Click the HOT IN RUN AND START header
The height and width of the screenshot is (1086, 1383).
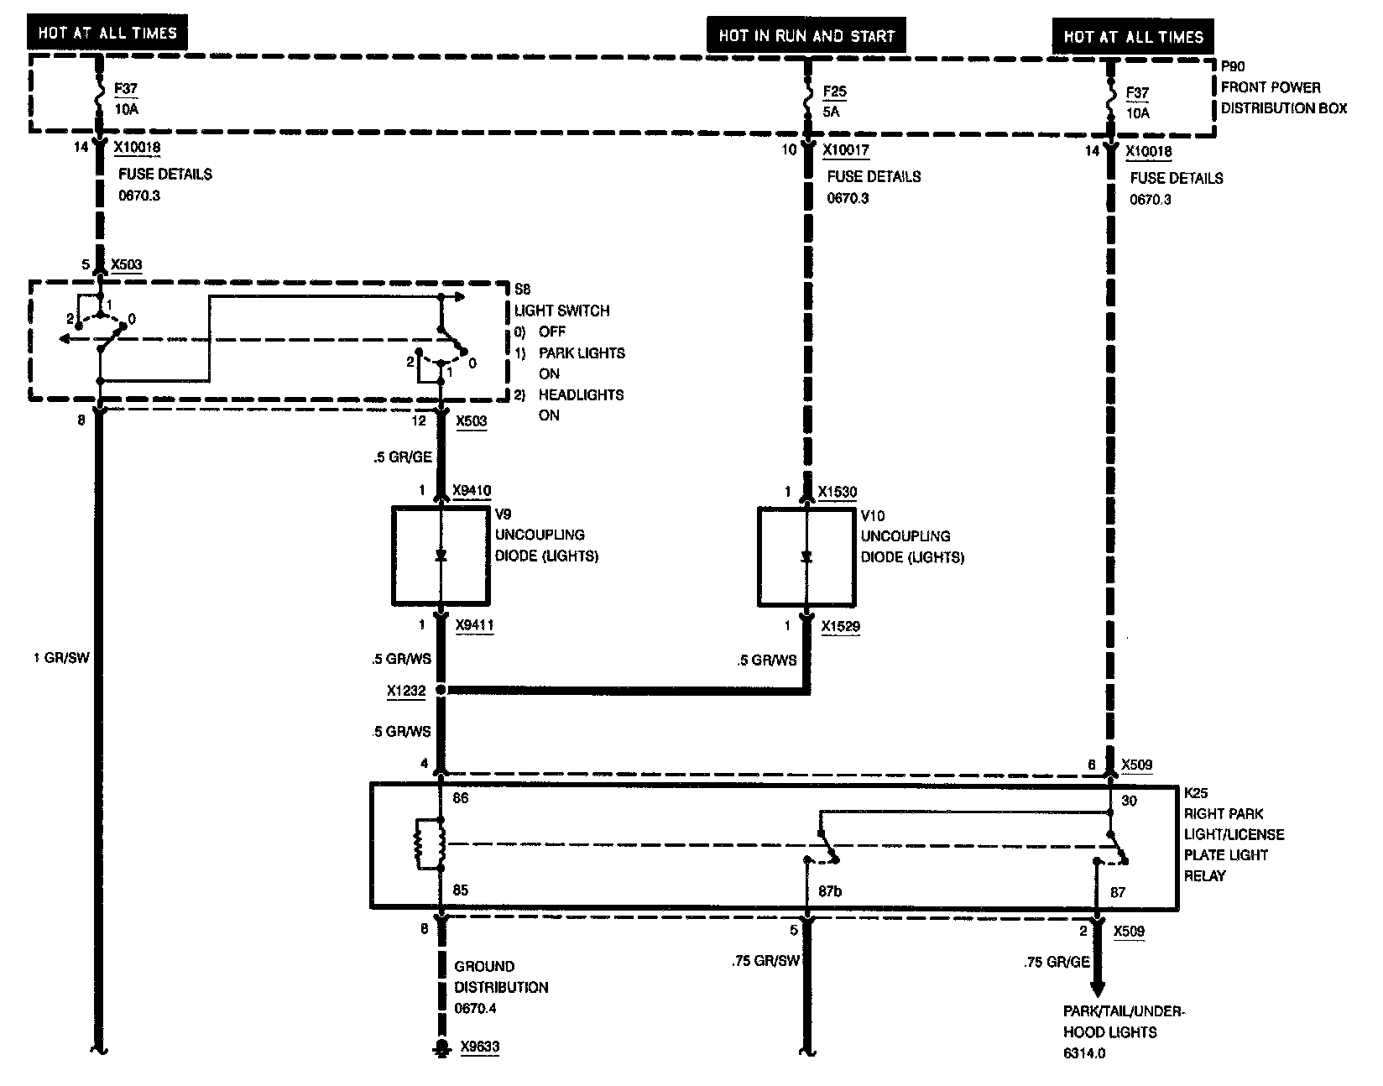(806, 36)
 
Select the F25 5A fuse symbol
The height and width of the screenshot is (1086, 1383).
(808, 100)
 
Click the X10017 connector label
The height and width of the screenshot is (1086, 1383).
(846, 151)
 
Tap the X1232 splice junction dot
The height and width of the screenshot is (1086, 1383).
(442, 691)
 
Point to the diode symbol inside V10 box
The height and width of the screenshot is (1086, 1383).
(807, 556)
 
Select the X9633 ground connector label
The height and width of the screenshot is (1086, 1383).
(480, 1047)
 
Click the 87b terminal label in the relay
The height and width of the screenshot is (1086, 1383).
(829, 891)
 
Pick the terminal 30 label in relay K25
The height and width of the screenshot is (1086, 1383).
(1129, 801)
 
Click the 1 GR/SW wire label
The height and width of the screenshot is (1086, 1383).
(60, 658)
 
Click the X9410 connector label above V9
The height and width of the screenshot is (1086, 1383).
(472, 491)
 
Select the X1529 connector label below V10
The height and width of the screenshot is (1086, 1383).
(840, 626)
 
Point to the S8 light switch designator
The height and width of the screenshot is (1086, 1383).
(522, 290)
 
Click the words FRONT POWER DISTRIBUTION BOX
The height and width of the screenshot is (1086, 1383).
(1283, 97)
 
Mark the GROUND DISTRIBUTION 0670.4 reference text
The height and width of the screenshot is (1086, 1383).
(501, 987)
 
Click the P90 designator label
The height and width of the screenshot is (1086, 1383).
(1234, 65)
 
